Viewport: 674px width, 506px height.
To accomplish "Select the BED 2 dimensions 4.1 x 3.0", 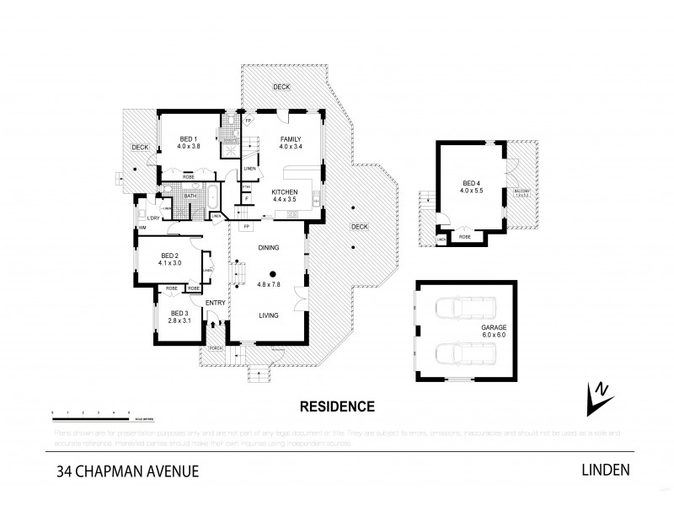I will [171, 262].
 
